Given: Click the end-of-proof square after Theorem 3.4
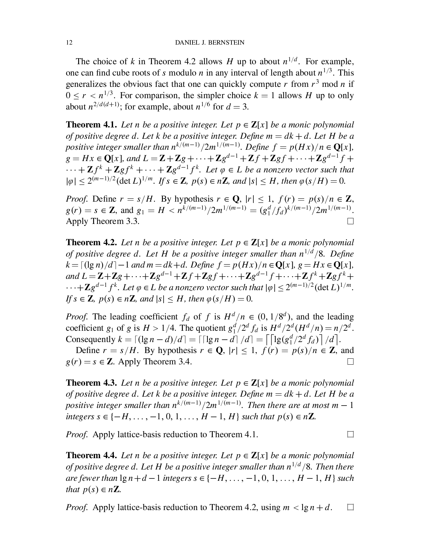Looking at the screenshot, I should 350,362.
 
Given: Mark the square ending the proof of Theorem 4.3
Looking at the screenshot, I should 350,434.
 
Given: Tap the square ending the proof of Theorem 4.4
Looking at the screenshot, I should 350,507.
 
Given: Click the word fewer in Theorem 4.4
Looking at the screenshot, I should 88,478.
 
